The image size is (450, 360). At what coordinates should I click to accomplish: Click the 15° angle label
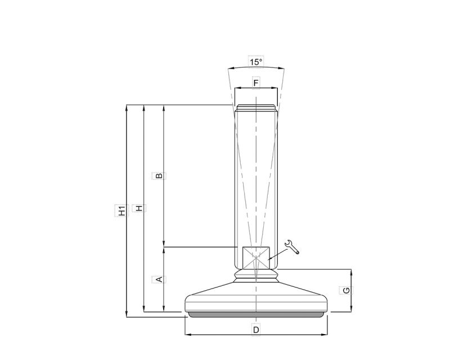pos(256,62)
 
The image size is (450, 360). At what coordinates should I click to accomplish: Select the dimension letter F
pos(256,83)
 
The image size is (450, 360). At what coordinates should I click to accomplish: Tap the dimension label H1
pos(122,210)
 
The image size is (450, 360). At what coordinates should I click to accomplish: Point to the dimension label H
pos(139,208)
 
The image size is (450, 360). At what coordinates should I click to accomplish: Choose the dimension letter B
pos(159,175)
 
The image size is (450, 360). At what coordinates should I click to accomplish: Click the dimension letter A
pos(159,279)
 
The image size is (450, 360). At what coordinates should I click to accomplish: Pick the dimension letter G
pos(346,290)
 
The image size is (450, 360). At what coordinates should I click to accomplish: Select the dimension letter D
pos(256,330)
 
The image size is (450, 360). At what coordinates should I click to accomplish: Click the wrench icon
pos(292,247)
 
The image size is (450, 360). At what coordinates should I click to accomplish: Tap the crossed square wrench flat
pos(256,258)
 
